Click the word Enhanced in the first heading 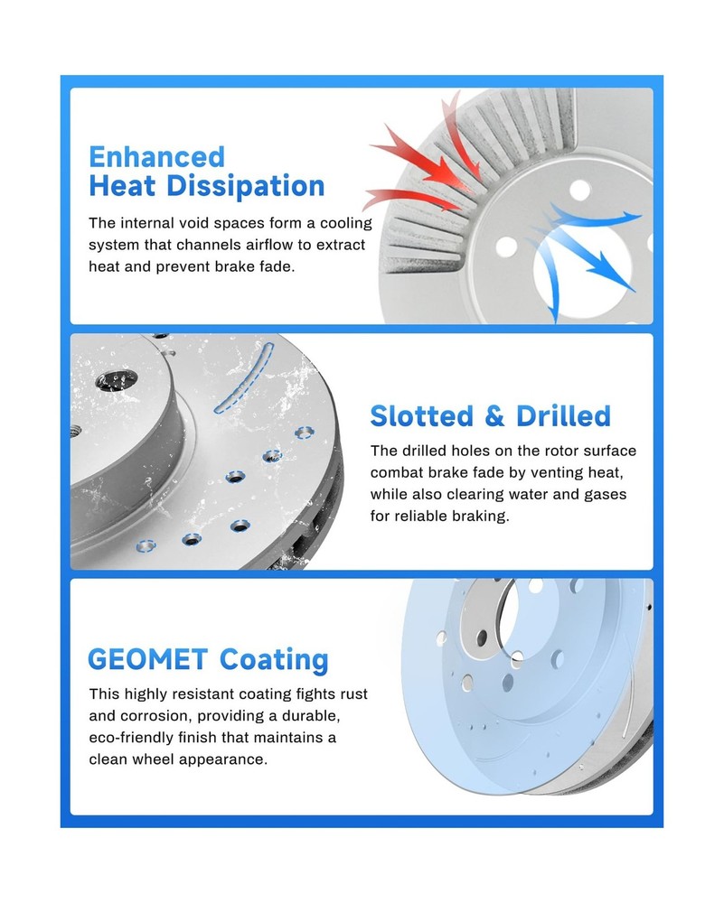tap(156, 156)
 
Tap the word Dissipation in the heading tap(246, 186)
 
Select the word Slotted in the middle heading tap(422, 415)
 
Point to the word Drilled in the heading tap(563, 415)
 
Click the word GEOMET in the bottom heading tap(147, 659)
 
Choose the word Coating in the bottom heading tap(274, 660)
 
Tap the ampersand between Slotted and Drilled tap(494, 415)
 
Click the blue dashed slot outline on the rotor tap(244, 378)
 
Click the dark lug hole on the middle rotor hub tap(116, 379)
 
